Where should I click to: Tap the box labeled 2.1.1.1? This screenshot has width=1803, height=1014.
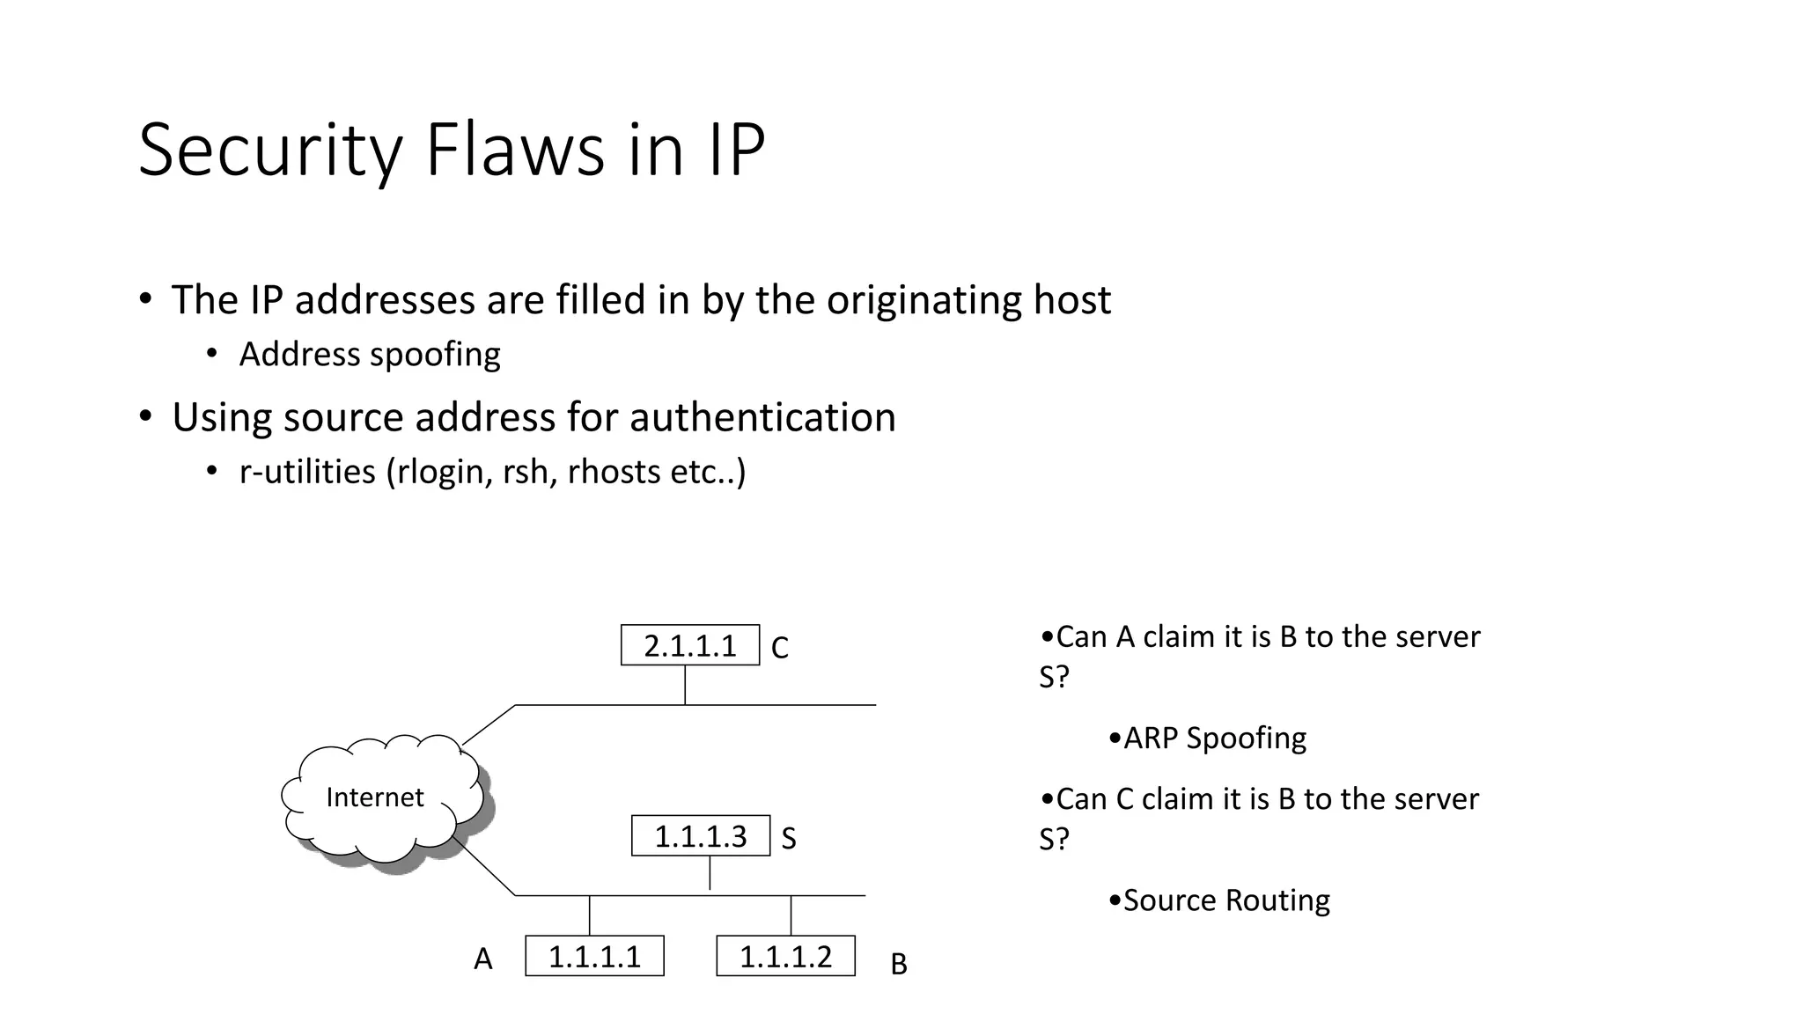click(689, 645)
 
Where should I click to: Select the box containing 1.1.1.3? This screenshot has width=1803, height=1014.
click(700, 835)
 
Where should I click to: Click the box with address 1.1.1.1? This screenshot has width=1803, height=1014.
click(594, 956)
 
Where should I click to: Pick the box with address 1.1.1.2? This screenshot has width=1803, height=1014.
click(785, 956)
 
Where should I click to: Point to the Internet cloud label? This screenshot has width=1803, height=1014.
click(374, 797)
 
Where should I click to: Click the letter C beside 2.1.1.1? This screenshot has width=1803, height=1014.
click(779, 648)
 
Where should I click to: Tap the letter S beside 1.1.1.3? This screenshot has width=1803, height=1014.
click(789, 839)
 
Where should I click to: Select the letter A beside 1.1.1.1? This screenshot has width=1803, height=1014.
click(482, 959)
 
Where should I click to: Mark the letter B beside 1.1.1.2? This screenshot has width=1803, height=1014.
click(898, 965)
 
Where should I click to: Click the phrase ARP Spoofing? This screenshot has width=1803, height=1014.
click(1214, 738)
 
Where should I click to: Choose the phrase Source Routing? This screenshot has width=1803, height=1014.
click(1225, 900)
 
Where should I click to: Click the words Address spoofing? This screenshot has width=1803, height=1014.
click(370, 355)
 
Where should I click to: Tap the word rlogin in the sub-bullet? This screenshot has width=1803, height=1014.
click(440, 472)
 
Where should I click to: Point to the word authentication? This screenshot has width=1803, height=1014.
click(762, 417)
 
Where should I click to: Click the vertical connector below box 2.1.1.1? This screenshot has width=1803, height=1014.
click(685, 685)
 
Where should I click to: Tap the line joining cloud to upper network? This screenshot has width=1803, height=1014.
click(489, 724)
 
